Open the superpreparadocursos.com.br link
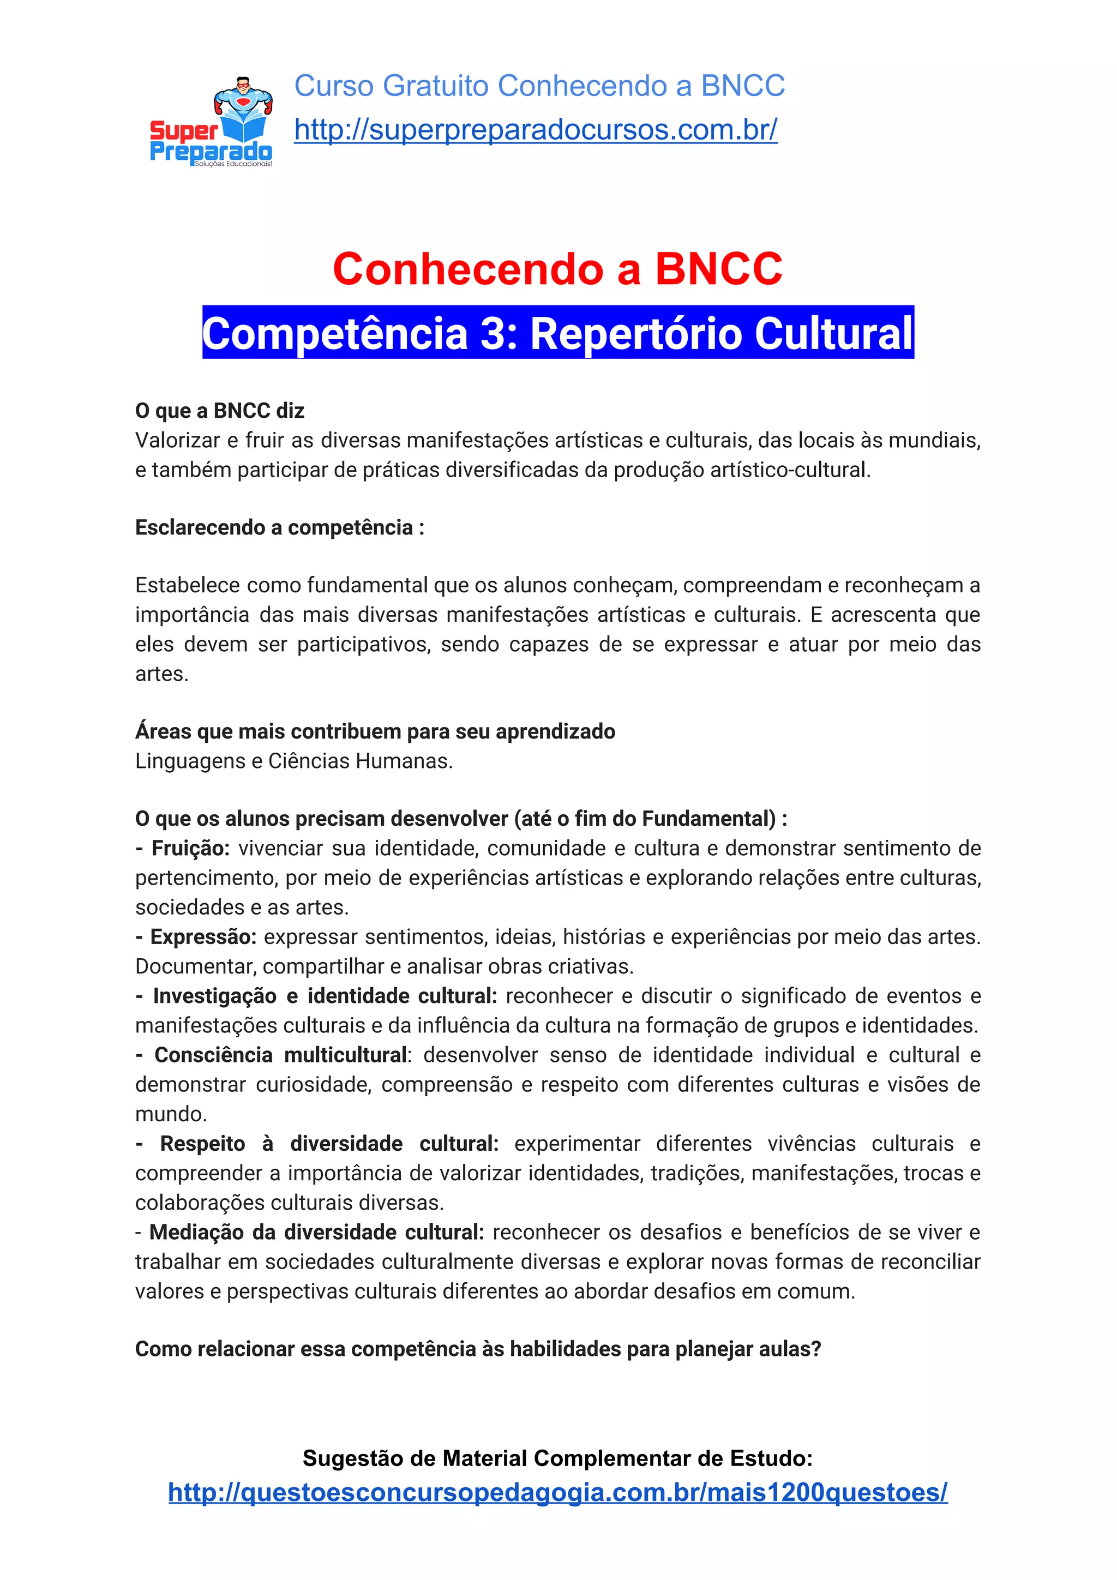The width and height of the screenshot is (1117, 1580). [x=536, y=129]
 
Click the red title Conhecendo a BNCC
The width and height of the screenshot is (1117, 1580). [x=557, y=268]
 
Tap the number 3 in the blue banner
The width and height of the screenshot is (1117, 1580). [x=494, y=334]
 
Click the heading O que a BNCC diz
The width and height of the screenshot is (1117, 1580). [x=220, y=411]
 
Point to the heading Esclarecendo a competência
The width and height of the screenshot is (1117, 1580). [x=279, y=528]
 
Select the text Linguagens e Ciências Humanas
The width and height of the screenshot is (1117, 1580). [x=294, y=761]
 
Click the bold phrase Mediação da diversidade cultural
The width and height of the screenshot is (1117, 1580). [x=316, y=1232]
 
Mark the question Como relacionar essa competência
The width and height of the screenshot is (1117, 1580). [x=478, y=1349]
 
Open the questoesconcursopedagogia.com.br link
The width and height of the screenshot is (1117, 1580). [x=557, y=1492]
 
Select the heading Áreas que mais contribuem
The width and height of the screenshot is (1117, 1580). [x=375, y=731]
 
